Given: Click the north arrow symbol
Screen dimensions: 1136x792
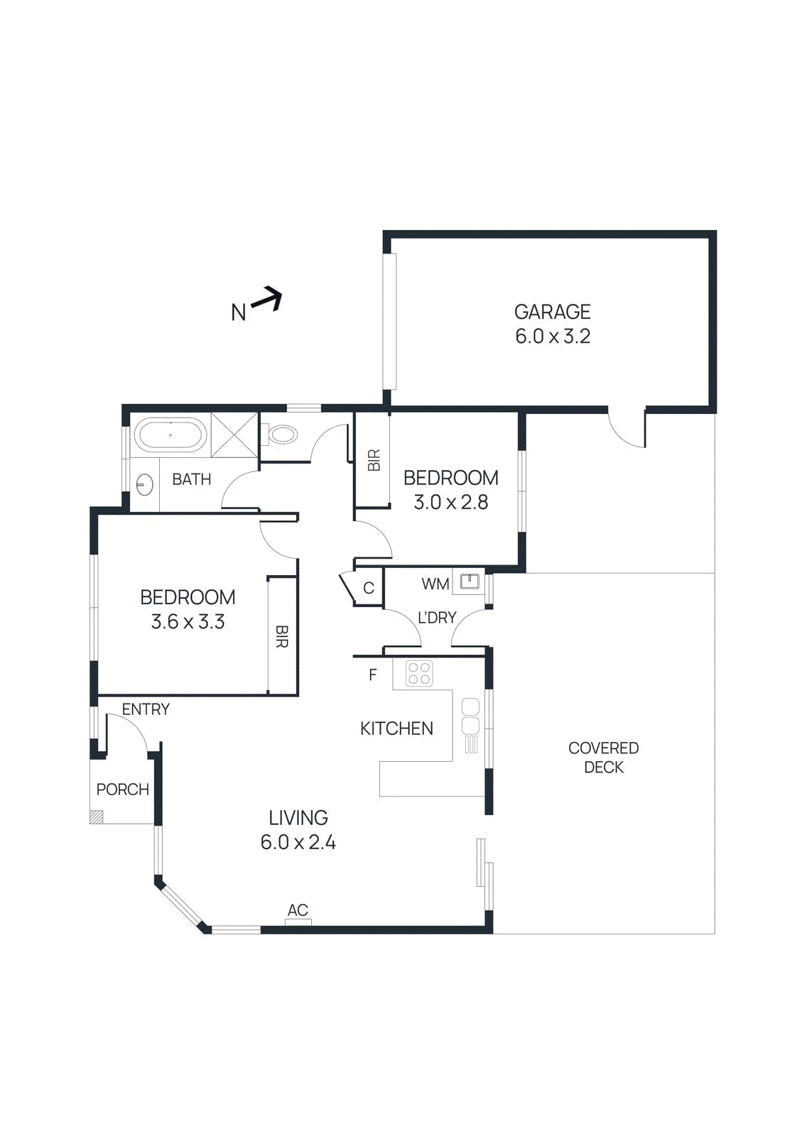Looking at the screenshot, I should [267, 299].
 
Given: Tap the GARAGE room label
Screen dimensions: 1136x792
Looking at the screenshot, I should [552, 312].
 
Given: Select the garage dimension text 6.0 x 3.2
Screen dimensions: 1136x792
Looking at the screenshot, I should [553, 337].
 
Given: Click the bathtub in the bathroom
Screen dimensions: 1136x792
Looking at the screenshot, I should [170, 435].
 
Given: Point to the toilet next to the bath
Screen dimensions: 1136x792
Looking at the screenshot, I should [281, 434].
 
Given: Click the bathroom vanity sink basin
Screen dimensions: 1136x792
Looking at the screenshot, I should [144, 485].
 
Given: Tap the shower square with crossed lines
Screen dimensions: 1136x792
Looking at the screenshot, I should [234, 435].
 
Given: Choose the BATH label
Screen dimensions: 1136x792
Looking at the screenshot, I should [192, 479].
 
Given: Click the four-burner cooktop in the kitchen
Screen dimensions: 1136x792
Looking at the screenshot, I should [419, 673].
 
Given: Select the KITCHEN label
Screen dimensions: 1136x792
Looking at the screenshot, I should [396, 728].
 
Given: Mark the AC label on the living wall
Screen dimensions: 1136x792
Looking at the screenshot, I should [298, 910].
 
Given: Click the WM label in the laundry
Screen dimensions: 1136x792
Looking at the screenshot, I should [435, 584].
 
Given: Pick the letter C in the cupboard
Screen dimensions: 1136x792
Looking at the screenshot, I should [369, 588].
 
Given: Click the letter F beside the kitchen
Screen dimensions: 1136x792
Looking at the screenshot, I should [373, 674].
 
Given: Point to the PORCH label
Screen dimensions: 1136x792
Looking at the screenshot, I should [122, 790].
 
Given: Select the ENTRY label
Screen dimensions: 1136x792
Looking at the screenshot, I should [146, 709].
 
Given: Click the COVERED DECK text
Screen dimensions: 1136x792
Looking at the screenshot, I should [603, 758].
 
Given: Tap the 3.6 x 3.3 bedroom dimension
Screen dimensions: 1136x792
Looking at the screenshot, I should [188, 622].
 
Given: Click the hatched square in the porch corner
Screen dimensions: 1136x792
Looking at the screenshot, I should [97, 817].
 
